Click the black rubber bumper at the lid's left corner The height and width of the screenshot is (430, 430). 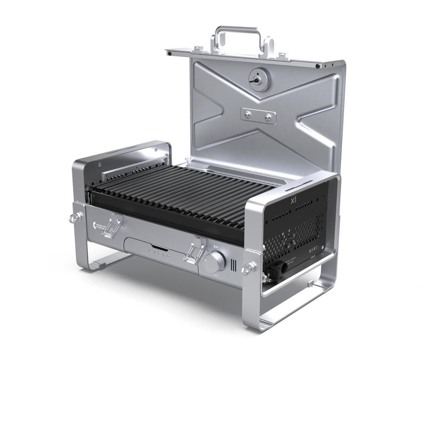click(x=168, y=54)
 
